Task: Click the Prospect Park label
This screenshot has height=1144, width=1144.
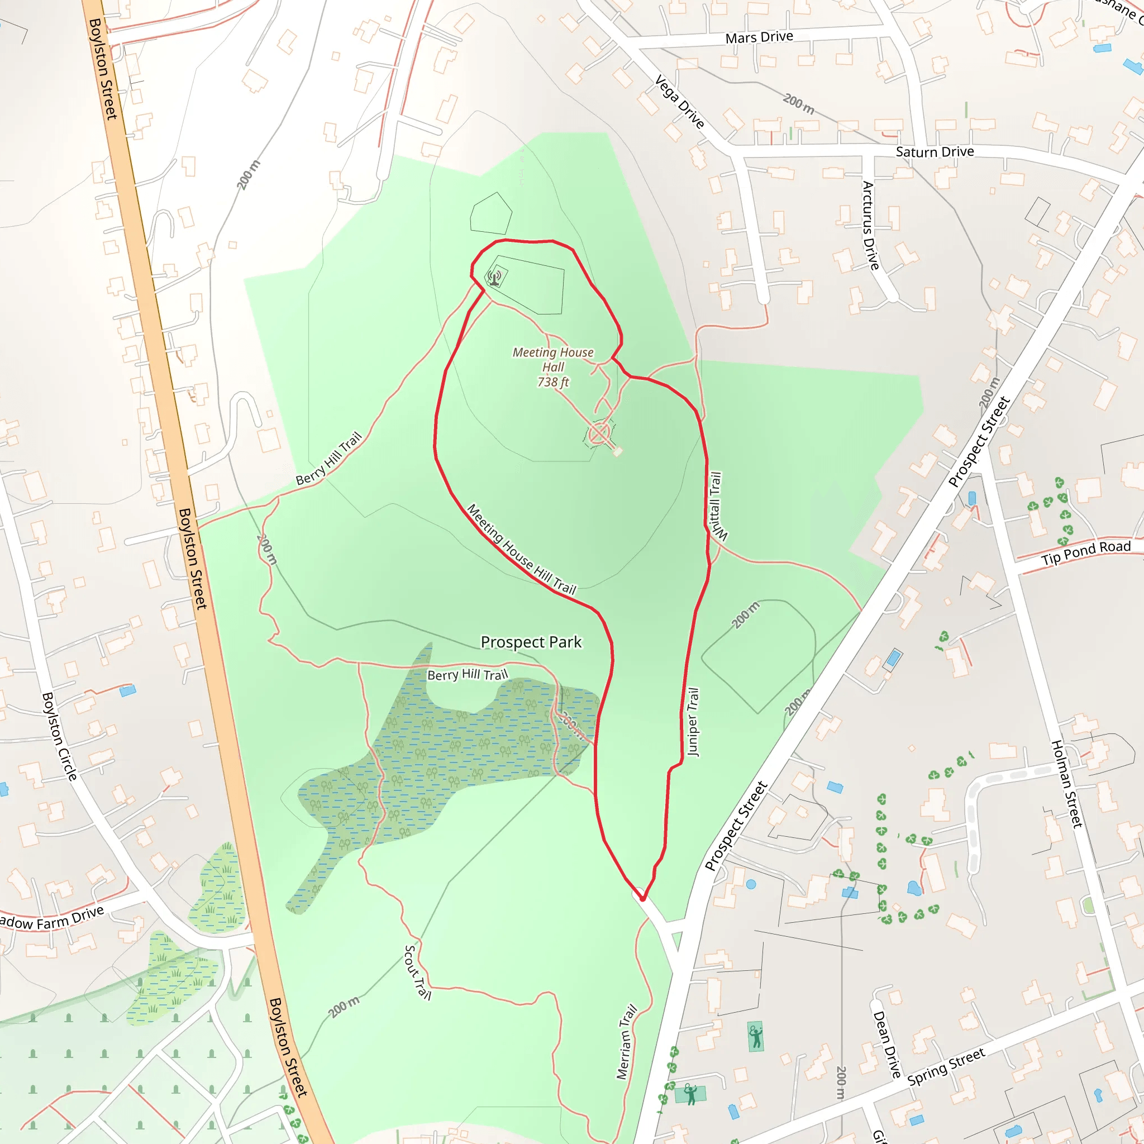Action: (x=531, y=642)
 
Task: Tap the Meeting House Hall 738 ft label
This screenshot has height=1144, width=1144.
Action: (x=552, y=367)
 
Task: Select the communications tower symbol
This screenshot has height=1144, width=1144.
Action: (x=495, y=277)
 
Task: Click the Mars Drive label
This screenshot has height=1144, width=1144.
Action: (x=759, y=37)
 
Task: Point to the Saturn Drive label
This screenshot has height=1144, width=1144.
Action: (x=935, y=151)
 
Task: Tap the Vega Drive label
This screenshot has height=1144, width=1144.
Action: (x=680, y=102)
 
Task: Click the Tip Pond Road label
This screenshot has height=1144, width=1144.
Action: (x=1085, y=552)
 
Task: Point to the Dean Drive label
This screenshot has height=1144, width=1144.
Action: (x=886, y=1044)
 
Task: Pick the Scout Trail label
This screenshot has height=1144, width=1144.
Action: (x=417, y=972)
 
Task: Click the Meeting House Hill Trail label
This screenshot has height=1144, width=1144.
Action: (x=521, y=549)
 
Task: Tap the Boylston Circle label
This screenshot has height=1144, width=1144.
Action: (x=59, y=736)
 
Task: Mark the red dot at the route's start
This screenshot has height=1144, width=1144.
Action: (x=642, y=898)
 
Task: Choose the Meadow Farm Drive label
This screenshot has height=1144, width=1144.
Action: (x=52, y=918)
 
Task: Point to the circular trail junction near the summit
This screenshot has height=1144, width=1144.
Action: (x=600, y=434)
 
